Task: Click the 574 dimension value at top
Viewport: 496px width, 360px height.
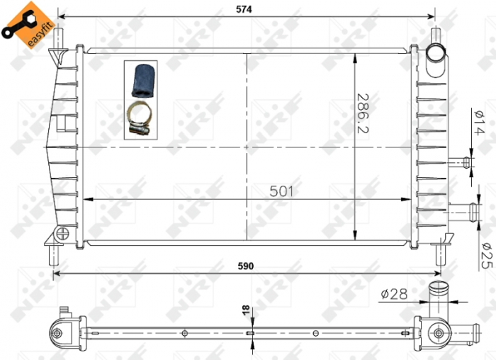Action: (245, 9)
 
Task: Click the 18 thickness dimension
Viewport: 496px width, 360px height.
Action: (245, 310)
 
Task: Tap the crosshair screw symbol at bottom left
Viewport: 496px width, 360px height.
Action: (63, 232)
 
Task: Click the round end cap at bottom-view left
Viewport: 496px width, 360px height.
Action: (57, 331)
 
